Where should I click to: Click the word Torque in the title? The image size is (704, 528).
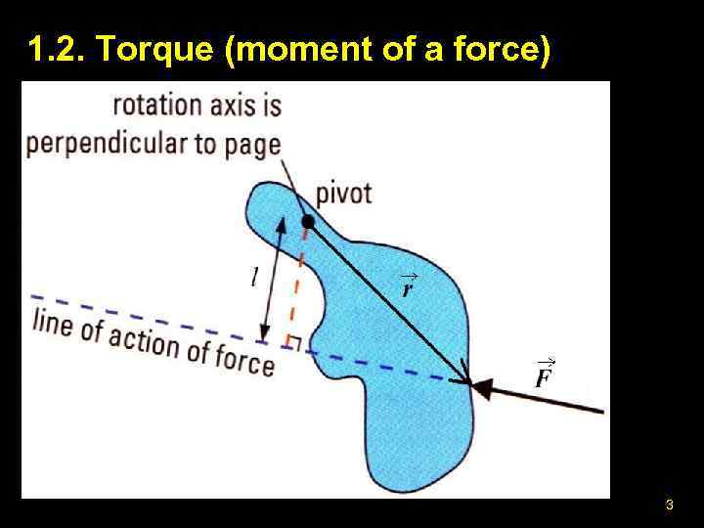[166, 48]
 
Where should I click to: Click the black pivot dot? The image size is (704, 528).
[308, 224]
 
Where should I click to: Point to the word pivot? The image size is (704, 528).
[343, 193]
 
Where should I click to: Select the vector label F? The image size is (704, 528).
[544, 375]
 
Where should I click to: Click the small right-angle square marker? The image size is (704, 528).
[290, 340]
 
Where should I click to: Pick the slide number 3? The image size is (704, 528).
[669, 506]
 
